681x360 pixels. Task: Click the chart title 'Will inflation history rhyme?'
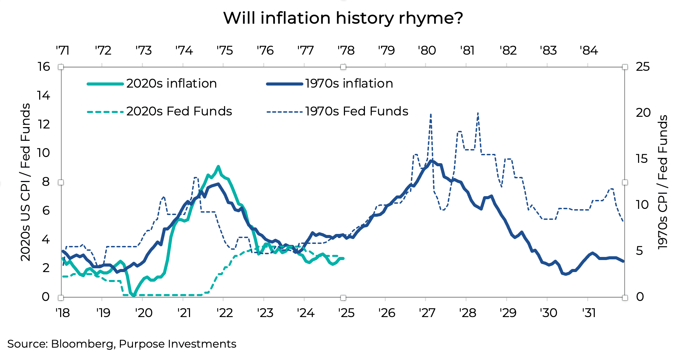343,18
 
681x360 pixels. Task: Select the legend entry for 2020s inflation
171,83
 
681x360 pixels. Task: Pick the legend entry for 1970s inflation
349,83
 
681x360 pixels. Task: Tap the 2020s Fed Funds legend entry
179,111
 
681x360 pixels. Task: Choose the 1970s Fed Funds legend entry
356,111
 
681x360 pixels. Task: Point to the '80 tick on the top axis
427,50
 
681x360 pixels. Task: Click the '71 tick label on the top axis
63,50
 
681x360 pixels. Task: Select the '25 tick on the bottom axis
346,313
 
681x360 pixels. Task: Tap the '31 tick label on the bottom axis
589,313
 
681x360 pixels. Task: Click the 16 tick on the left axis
44,67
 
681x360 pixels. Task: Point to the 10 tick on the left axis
44,153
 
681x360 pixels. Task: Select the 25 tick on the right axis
643,67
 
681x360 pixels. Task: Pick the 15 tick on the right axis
643,159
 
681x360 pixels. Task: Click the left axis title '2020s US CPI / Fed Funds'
25,182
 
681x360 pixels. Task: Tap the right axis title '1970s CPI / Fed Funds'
662,182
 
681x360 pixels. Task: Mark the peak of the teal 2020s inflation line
218,167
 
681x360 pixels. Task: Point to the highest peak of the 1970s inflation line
432,161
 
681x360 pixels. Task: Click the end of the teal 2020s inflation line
343,258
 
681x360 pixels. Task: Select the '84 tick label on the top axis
589,50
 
